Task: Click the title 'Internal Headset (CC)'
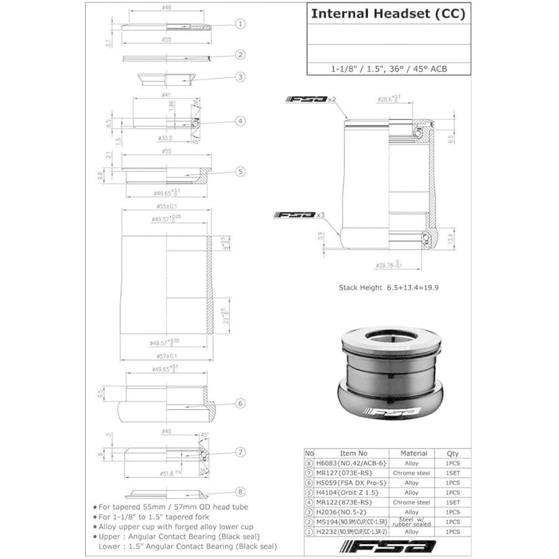[388, 14]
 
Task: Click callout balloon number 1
[240, 24]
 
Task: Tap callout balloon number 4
[240, 122]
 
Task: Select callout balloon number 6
[240, 404]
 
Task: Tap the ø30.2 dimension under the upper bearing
[165, 138]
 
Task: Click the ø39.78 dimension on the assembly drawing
[388, 265]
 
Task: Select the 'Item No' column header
[354, 453]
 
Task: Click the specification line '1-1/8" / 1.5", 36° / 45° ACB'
[388, 69]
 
